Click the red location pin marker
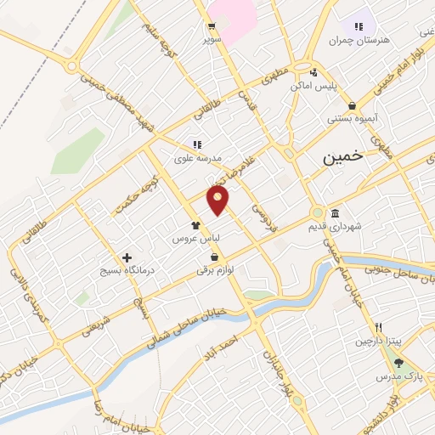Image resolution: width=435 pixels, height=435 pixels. (x=218, y=200)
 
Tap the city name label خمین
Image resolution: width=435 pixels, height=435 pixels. (x=343, y=157)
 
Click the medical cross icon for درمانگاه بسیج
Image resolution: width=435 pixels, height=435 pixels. (x=127, y=257)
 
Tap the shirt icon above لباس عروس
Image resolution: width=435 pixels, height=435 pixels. (x=196, y=226)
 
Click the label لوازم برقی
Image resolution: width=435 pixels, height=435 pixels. (x=215, y=270)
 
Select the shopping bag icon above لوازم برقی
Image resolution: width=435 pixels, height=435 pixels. (x=214, y=257)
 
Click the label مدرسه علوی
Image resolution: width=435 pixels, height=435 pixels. (x=197, y=158)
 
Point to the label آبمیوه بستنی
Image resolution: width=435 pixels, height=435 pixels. (x=353, y=119)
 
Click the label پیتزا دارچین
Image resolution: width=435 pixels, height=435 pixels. (x=376, y=341)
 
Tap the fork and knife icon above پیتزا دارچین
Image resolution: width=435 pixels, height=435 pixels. (x=379, y=327)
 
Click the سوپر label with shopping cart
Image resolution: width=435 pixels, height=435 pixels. (x=212, y=39)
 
